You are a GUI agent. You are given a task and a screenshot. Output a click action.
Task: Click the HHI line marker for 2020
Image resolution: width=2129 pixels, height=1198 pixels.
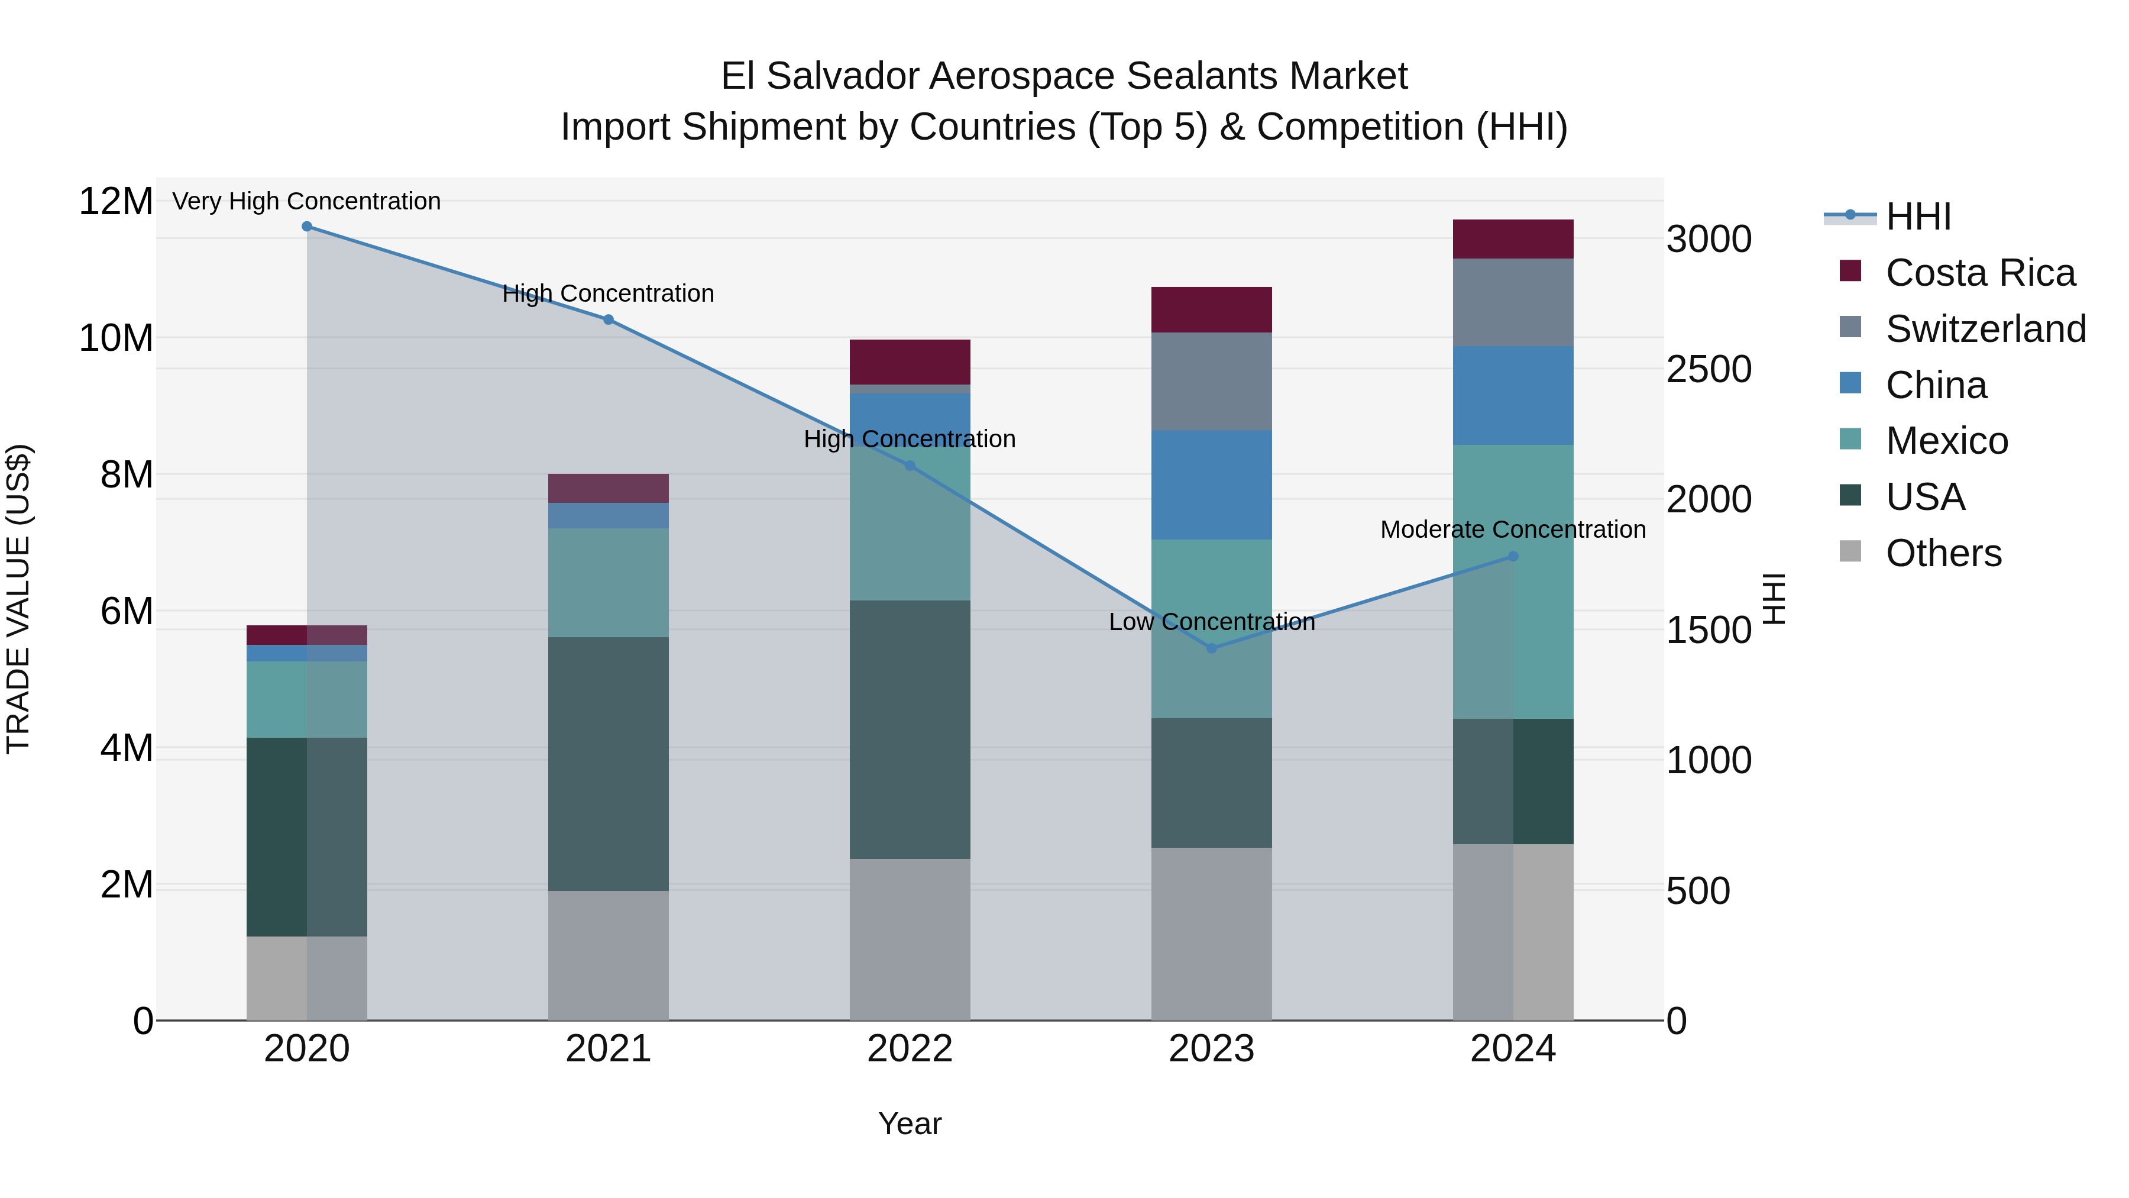[306, 227]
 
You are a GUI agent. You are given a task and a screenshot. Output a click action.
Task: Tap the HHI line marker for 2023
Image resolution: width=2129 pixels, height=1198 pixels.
[1212, 648]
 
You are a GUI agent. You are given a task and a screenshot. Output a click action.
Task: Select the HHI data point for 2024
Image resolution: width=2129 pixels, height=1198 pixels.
[1513, 557]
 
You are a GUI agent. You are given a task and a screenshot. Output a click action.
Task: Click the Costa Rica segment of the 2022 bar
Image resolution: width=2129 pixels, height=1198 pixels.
[910, 362]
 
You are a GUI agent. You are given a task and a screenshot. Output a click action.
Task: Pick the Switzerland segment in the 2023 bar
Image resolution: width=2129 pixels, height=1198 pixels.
[1212, 381]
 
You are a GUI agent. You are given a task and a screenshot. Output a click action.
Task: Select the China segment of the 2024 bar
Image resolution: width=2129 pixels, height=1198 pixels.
[1513, 395]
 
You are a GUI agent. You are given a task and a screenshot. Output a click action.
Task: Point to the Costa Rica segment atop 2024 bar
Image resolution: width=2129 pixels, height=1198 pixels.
[1513, 239]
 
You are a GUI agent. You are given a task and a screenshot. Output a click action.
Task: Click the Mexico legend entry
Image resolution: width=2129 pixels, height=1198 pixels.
[1946, 441]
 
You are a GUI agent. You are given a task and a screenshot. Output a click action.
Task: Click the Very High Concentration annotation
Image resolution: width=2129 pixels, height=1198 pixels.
[306, 201]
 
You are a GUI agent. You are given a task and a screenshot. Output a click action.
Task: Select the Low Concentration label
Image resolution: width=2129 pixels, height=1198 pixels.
[1212, 622]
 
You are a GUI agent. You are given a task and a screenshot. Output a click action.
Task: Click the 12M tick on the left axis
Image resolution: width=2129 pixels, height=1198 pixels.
[116, 202]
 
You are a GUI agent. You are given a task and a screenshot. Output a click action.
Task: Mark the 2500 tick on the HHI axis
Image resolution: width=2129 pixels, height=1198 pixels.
[1709, 370]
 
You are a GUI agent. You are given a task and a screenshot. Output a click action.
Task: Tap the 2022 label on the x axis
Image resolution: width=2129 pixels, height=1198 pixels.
[910, 1049]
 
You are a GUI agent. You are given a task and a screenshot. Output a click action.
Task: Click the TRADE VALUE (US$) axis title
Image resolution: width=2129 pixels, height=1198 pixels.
[18, 599]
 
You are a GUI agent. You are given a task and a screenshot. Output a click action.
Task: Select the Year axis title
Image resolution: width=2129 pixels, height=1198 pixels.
[910, 1123]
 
